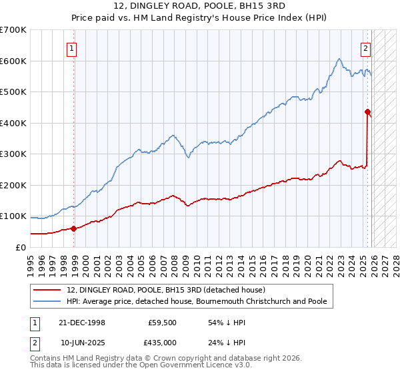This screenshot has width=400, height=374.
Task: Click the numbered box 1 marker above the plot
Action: [71, 47]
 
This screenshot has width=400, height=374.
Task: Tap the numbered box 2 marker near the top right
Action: [366, 47]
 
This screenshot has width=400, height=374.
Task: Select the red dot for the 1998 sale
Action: [73, 228]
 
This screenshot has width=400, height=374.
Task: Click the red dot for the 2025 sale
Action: [367, 112]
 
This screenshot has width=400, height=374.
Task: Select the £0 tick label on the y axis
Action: [20, 247]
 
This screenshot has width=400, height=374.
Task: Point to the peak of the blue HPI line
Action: [339, 59]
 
